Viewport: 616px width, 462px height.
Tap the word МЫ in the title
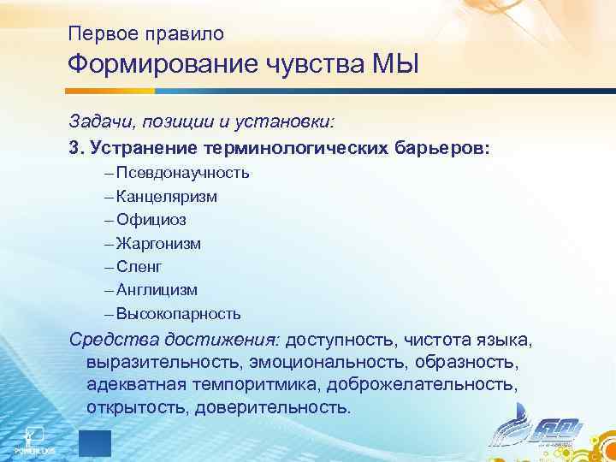pyautogui.click(x=397, y=65)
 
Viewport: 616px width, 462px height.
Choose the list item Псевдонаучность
pyautogui.click(x=182, y=173)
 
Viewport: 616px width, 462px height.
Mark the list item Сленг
pyautogui.click(x=139, y=267)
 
